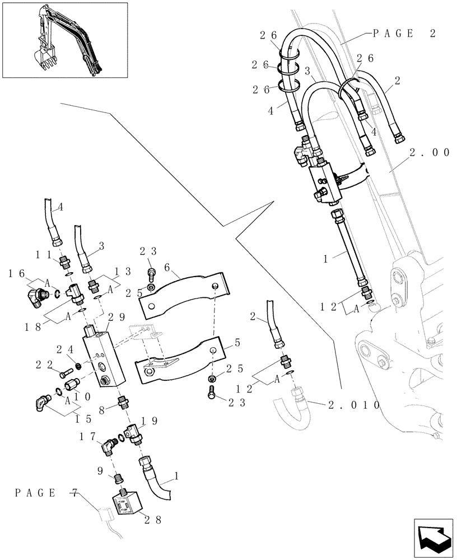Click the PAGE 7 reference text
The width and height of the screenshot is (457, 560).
[46, 493]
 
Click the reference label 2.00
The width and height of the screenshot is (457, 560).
[428, 152]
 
